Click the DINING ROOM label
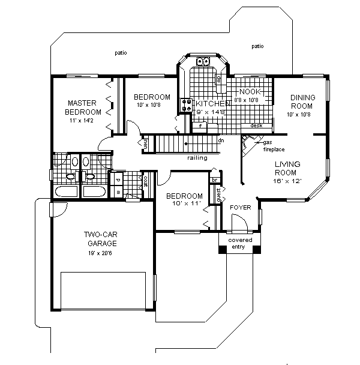[302, 101]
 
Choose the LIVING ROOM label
[287, 167]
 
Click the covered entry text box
[240, 244]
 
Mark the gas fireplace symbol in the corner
[248, 145]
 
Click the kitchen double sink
[203, 61]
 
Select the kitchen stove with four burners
[184, 104]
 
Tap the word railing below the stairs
[197, 158]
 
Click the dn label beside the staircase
[220, 140]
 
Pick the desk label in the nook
[256, 126]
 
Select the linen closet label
[146, 142]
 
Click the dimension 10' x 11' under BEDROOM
[184, 205]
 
